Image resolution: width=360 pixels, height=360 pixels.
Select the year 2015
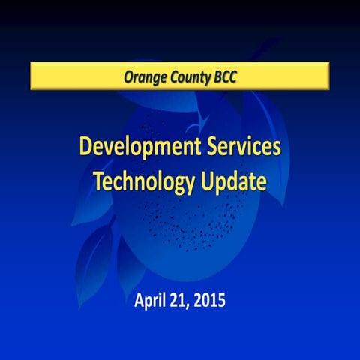point(208,301)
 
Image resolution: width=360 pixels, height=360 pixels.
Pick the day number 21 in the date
point(178,301)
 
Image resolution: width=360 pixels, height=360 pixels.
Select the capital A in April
point(139,301)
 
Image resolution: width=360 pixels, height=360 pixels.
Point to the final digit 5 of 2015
point(220,301)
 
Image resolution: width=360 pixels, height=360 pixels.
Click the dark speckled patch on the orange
point(180,217)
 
